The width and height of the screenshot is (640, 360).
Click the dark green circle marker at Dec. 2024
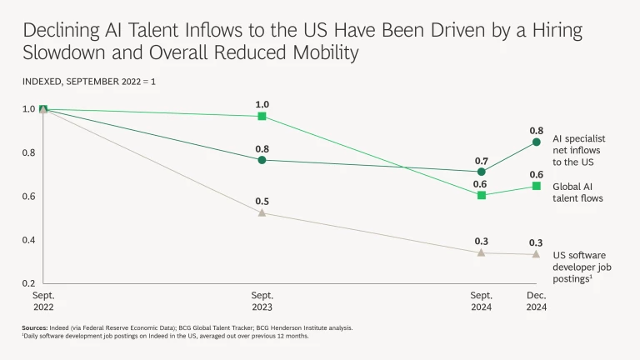pyautogui.click(x=537, y=142)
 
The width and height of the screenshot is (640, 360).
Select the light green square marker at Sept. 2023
pyautogui.click(x=262, y=116)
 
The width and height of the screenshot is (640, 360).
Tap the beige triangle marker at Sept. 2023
pyautogui.click(x=262, y=212)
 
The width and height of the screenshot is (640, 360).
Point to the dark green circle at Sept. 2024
pyautogui.click(x=482, y=172)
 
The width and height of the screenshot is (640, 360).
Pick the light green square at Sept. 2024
pyautogui.click(x=482, y=195)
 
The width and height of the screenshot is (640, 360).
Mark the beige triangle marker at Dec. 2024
pyautogui.click(x=537, y=254)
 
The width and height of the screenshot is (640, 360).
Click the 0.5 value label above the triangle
pyautogui.click(x=262, y=201)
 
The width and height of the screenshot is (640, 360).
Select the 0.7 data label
pyautogui.click(x=482, y=159)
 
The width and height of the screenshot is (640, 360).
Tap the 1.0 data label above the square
pyautogui.click(x=262, y=104)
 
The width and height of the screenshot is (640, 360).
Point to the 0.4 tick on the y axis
pyautogui.click(x=29, y=240)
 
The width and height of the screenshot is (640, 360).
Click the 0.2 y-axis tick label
pyautogui.click(x=29, y=283)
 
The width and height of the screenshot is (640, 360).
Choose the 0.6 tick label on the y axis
pyautogui.click(x=29, y=197)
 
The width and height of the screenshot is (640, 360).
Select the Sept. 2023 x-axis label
pyautogui.click(x=262, y=301)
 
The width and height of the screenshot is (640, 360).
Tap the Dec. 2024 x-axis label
pyautogui.click(x=537, y=301)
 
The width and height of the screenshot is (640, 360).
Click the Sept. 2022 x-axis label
pyautogui.click(x=43, y=301)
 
